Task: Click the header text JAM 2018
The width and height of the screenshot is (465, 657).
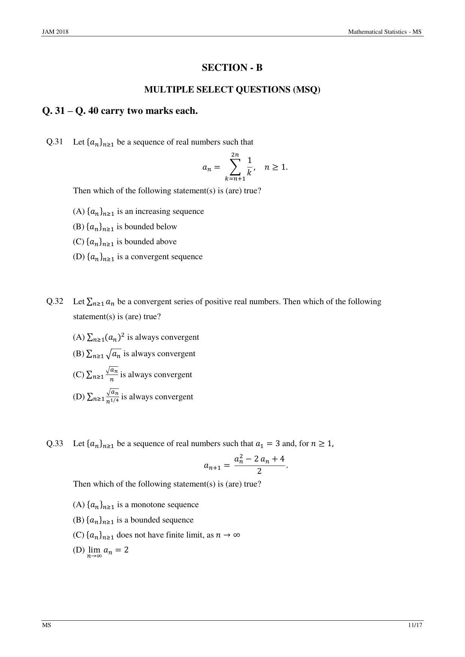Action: (x=55, y=32)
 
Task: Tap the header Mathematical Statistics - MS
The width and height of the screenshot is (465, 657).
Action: (x=385, y=32)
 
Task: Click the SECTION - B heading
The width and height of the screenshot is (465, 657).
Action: (x=232, y=68)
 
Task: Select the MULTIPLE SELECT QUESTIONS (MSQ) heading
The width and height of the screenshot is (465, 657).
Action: (x=232, y=90)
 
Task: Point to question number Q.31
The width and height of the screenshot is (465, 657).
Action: (x=55, y=142)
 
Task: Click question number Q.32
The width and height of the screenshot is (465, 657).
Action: (x=55, y=301)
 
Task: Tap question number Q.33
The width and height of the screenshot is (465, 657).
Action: (x=55, y=443)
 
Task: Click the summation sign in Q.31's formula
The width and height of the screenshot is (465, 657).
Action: (x=235, y=167)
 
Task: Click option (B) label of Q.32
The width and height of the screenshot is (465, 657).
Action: (x=79, y=354)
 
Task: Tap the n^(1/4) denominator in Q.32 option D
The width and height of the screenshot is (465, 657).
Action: (x=112, y=401)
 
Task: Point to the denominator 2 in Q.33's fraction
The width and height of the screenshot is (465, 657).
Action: (x=259, y=471)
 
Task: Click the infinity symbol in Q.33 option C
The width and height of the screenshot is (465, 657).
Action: (x=236, y=535)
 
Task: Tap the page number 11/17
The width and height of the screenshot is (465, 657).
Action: (x=416, y=625)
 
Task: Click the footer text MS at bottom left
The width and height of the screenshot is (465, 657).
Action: (x=46, y=625)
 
